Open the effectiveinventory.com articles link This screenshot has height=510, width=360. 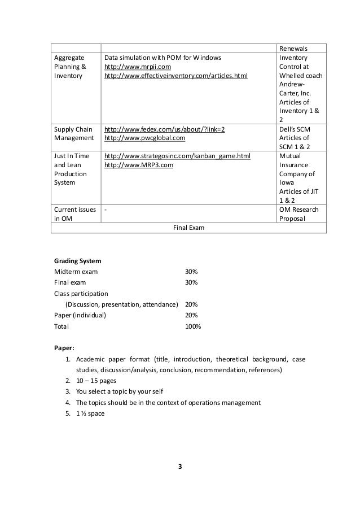coord(176,76)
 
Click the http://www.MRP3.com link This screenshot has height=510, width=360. coord(139,165)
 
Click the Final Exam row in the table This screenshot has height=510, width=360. coord(188,228)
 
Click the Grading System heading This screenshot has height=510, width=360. coord(78,261)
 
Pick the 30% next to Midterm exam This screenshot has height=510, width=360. coord(191,272)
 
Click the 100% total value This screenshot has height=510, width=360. coord(193,326)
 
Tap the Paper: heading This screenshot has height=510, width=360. coord(63,348)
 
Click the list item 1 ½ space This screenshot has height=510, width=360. coord(90,413)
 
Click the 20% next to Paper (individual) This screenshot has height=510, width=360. coord(191,315)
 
